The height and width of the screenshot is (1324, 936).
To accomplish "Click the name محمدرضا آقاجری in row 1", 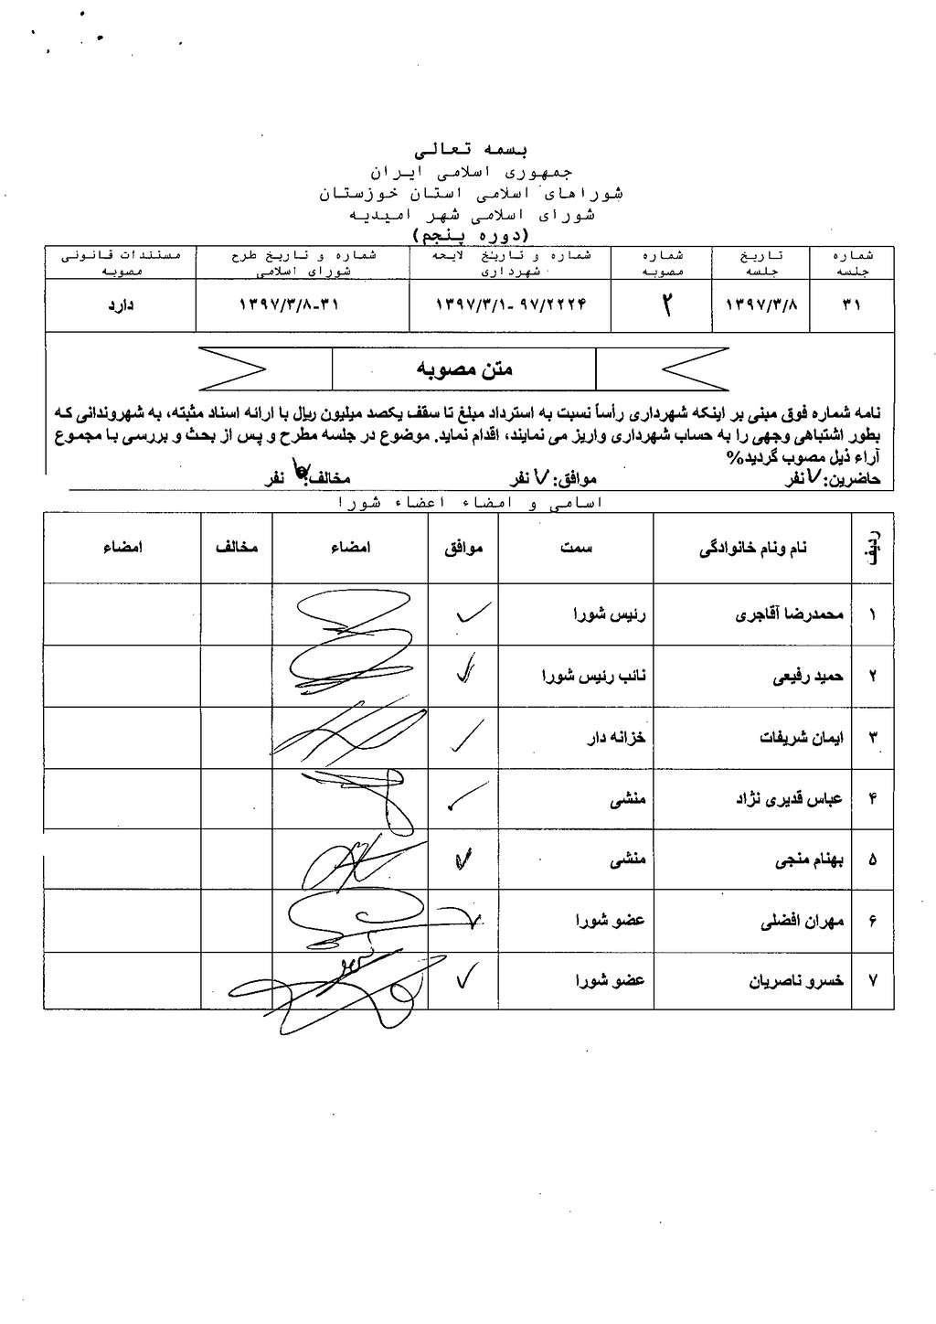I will pos(789,615).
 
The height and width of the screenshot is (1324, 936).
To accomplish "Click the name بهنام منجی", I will pos(809,860).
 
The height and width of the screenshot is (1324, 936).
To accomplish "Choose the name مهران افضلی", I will pos(802,921).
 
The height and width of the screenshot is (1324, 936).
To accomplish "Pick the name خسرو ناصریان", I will pos(796,981).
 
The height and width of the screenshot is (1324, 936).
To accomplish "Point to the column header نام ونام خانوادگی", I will pos(752,549).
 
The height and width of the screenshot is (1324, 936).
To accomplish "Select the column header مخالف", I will pos(237,548).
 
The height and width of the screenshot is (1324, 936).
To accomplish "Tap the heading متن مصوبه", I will pos(464,369).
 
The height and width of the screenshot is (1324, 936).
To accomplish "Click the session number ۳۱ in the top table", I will pos(852,306).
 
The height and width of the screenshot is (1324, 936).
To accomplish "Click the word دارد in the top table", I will pos(121,306).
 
